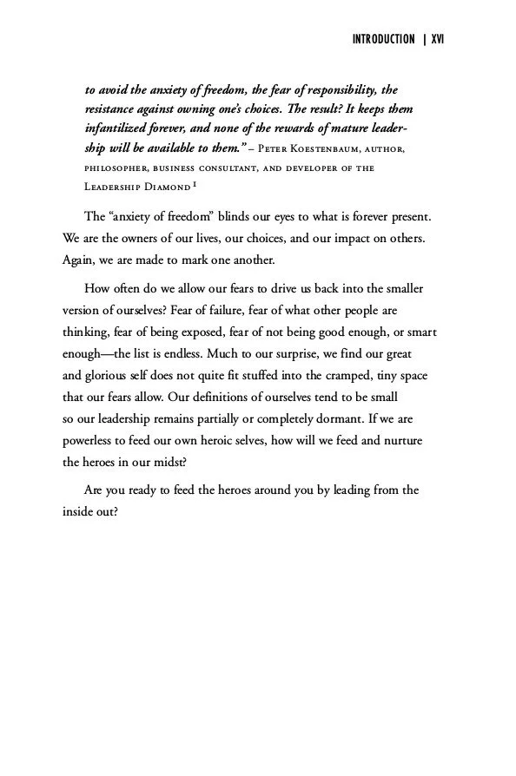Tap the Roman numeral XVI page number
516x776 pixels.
click(437, 40)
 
